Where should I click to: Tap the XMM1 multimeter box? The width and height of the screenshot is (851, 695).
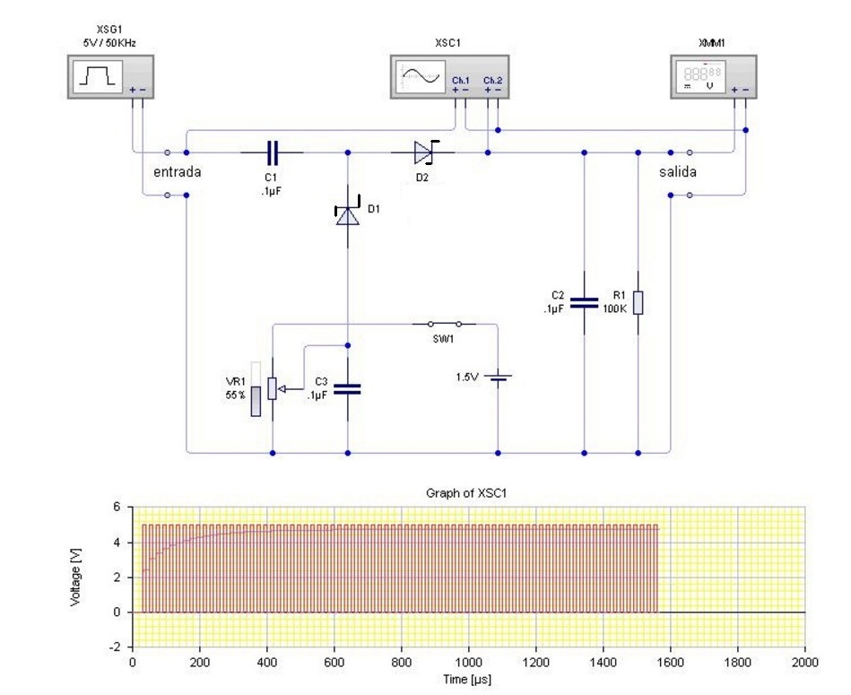click(x=714, y=75)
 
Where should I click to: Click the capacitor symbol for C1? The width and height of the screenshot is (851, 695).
click(x=272, y=152)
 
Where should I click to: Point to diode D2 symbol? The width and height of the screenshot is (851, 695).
click(x=424, y=152)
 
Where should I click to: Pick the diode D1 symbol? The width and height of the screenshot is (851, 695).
click(x=347, y=214)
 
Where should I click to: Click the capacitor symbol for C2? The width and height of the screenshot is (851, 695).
click(x=584, y=303)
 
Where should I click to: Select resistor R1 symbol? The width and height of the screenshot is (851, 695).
click(x=638, y=303)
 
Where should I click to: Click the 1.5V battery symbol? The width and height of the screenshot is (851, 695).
click(x=498, y=378)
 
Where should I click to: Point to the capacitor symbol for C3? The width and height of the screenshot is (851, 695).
click(x=347, y=389)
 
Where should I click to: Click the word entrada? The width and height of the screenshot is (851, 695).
click(x=177, y=171)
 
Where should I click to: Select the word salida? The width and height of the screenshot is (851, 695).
click(x=677, y=171)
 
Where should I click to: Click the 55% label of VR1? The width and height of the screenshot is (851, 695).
click(x=236, y=395)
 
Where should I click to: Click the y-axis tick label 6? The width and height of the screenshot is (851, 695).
click(x=116, y=507)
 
